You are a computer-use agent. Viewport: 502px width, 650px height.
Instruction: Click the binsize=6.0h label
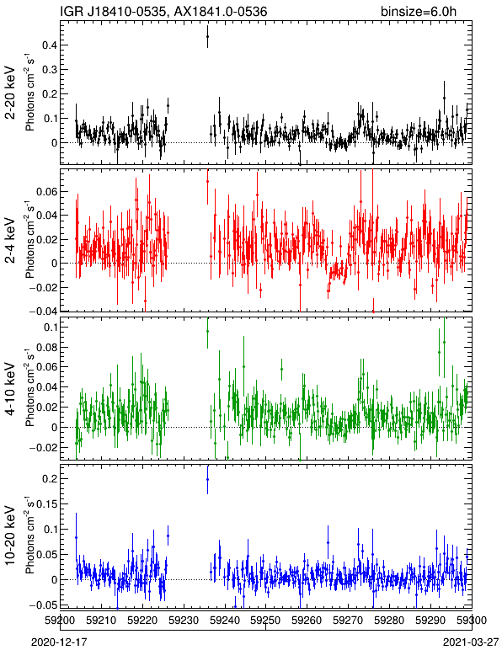(419, 11)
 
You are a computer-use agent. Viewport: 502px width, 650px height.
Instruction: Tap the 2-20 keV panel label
(10, 93)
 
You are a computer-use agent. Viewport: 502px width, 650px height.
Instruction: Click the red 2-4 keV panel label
(10, 240)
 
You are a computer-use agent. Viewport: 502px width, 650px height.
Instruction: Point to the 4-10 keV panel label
(10, 389)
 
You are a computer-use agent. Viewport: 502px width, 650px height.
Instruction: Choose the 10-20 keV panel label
(10, 535)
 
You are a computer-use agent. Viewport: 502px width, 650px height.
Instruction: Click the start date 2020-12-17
(59, 642)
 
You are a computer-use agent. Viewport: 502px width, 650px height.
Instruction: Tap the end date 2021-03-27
(471, 642)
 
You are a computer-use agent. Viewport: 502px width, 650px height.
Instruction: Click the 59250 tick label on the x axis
(265, 621)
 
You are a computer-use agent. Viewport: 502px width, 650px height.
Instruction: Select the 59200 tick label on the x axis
(61, 621)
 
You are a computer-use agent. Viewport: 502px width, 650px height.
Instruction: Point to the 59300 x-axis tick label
(472, 621)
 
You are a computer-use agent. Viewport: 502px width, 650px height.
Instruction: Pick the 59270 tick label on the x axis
(348, 621)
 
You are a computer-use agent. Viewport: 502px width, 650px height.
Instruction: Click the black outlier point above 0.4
(208, 36)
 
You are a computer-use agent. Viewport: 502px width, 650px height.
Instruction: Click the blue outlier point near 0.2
(208, 480)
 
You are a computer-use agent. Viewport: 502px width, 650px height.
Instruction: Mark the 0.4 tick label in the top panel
(49, 45)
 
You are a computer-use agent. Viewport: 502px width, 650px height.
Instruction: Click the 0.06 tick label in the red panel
(45, 192)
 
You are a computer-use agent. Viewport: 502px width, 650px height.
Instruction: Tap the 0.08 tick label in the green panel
(45, 347)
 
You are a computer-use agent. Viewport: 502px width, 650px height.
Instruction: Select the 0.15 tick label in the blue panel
(47, 504)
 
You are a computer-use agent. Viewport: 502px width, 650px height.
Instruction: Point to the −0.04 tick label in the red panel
(43, 312)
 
